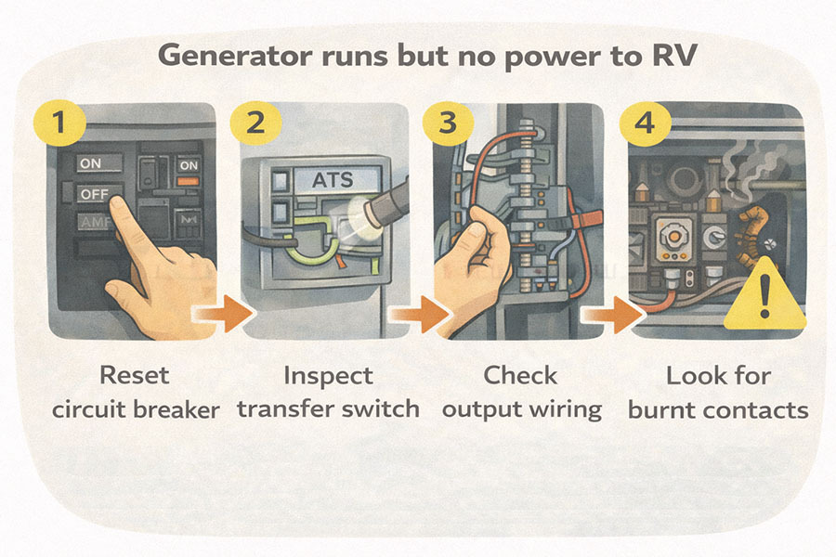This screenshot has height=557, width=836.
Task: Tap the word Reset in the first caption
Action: (136, 376)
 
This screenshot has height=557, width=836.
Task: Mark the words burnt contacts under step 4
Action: (718, 409)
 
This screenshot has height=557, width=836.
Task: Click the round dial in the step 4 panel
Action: (667, 239)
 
